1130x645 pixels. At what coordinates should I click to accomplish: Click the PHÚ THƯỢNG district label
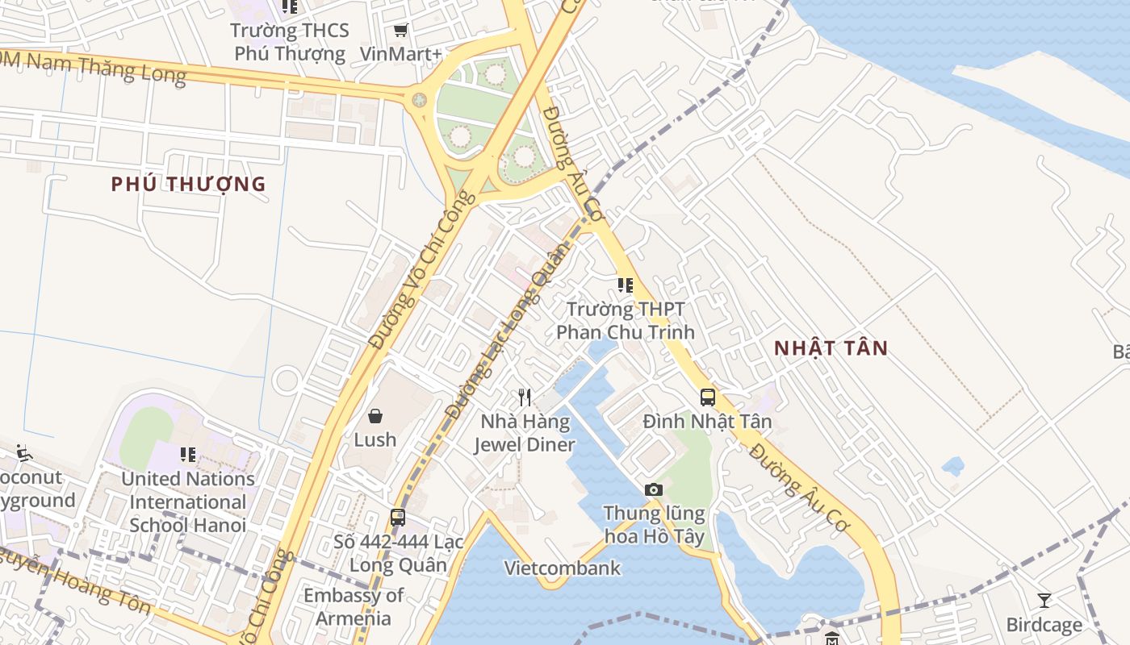tap(188, 184)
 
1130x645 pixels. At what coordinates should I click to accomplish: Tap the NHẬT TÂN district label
tap(831, 348)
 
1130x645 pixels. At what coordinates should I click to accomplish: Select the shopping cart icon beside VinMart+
tap(400, 31)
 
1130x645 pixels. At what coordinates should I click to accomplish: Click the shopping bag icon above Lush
tap(375, 416)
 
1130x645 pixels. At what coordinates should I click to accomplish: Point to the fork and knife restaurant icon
tap(525, 397)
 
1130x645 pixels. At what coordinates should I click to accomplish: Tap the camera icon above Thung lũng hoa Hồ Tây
tap(654, 489)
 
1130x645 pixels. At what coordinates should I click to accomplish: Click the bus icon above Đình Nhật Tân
tap(708, 397)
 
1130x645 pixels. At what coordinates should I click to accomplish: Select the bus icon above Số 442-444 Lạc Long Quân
tap(398, 518)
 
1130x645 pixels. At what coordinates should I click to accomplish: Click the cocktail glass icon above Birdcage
tap(1044, 600)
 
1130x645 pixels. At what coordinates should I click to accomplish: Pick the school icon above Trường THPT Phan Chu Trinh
tap(626, 285)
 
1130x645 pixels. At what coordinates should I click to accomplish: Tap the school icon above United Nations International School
tap(188, 455)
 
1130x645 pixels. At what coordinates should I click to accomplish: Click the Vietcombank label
tap(563, 568)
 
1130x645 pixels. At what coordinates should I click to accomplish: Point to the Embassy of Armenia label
tap(354, 607)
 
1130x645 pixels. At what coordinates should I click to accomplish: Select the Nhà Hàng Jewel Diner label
tap(525, 433)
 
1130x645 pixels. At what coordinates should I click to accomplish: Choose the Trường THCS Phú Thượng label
tap(290, 42)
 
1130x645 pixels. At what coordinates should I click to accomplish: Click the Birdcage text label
tap(1044, 625)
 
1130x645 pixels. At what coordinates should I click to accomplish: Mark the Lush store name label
tap(375, 439)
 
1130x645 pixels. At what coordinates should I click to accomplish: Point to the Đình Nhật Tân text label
tap(707, 421)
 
